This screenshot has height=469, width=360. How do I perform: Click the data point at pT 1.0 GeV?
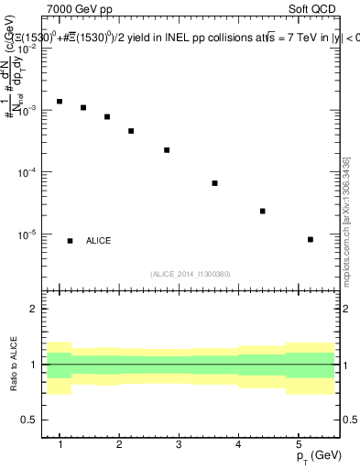(x=60, y=102)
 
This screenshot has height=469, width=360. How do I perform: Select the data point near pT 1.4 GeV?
(x=83, y=108)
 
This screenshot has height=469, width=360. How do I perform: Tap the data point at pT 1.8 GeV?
(x=107, y=117)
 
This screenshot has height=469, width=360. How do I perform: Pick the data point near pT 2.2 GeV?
(x=131, y=131)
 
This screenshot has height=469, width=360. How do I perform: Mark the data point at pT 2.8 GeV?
(x=167, y=150)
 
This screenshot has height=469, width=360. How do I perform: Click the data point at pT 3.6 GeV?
(x=214, y=183)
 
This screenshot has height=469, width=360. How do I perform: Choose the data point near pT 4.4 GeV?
(x=263, y=212)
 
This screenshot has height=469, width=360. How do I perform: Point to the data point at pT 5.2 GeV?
(x=311, y=240)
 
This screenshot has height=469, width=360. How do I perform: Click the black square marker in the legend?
(x=70, y=241)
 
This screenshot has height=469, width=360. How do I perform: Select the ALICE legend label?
(x=98, y=241)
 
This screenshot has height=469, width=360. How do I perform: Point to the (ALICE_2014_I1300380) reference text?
(x=191, y=274)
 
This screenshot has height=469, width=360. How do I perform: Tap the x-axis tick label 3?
(x=179, y=444)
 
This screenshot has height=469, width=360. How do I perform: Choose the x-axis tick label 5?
(x=298, y=444)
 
